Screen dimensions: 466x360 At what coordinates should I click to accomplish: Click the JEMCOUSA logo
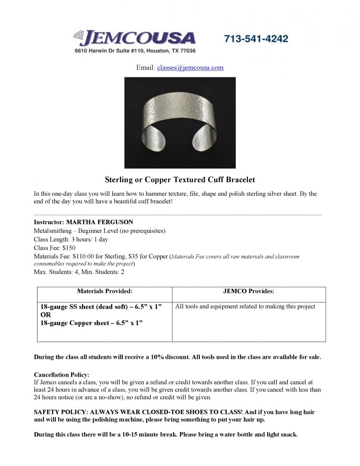point(134,38)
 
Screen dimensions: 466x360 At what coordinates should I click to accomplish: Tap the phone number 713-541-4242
point(256,39)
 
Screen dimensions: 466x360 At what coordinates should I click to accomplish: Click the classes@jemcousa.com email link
point(190,68)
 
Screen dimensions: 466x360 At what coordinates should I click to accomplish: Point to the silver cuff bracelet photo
point(180,123)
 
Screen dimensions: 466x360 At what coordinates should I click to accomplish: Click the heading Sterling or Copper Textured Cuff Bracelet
point(180,180)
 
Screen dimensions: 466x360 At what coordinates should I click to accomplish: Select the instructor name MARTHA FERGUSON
point(99,222)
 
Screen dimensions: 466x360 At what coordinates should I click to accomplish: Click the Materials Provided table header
point(104,291)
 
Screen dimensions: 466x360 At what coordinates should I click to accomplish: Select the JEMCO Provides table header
point(249,291)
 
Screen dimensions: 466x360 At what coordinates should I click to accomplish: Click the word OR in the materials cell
point(45,315)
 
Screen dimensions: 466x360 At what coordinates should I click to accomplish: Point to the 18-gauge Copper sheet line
point(91,323)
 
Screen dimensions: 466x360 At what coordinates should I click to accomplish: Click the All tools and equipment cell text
point(245,306)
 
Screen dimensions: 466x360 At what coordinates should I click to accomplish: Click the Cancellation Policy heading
point(61,375)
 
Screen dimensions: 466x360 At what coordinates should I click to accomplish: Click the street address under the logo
point(135,51)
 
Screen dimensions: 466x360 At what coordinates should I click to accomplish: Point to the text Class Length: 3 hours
point(62,239)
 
